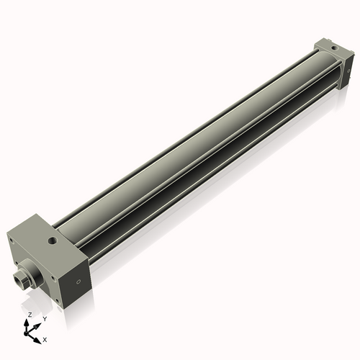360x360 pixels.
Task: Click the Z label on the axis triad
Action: [x=30, y=315]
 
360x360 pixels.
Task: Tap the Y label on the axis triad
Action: [x=44, y=318]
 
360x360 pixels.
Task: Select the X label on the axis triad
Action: [x=45, y=338]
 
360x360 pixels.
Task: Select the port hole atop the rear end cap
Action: [x=333, y=48]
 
